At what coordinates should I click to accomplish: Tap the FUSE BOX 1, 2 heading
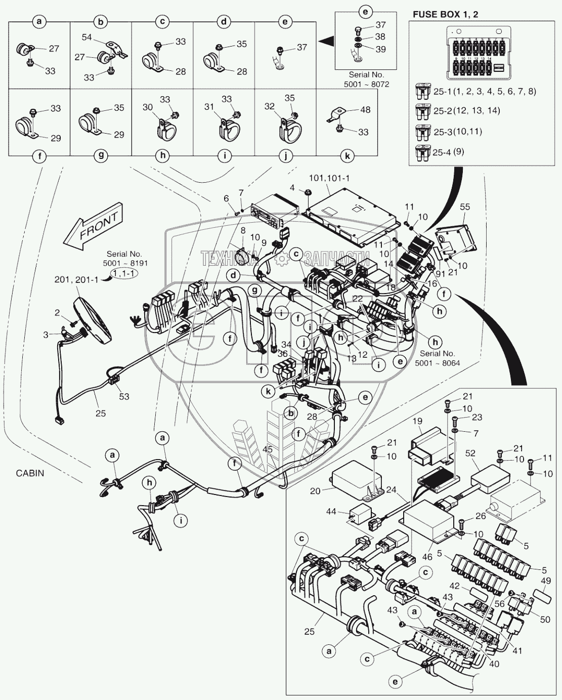pos(445,14)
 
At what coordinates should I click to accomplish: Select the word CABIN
pos(30,473)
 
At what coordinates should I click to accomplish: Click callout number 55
pos(464,207)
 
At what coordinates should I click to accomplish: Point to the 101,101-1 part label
pos(329,179)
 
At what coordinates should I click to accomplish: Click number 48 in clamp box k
pos(364,109)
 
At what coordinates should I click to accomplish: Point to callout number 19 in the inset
pos(416,421)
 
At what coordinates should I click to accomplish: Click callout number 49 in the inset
pos(546,581)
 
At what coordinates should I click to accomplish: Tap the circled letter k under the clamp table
pos(347,156)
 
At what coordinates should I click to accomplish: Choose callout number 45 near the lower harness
pos(268,449)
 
